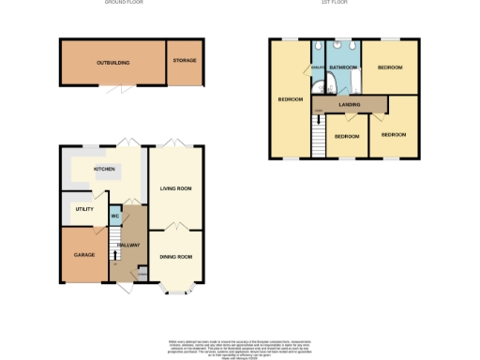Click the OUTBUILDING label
[112, 62]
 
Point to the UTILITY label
[84, 208]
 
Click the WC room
[115, 217]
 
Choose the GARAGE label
[83, 254]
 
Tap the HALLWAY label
[128, 245]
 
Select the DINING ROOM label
[175, 257]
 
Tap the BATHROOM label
[344, 67]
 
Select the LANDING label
[350, 104]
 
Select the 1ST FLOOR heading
[335, 3]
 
